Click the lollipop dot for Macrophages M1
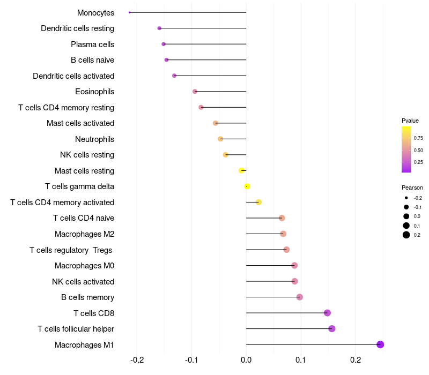380,344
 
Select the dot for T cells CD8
328,313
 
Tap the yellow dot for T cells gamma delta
247,186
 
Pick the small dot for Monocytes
130,12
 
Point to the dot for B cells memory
300,297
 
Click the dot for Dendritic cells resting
159,28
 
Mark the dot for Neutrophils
220,139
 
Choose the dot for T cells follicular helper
332,329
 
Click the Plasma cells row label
92,44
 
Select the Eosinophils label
94,92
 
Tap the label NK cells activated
83,282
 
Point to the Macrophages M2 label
84,234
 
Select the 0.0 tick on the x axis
246,359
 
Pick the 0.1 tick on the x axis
301,359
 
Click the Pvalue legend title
410,121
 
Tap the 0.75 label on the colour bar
418,138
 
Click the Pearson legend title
412,188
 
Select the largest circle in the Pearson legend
406,235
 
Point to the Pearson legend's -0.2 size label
418,198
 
